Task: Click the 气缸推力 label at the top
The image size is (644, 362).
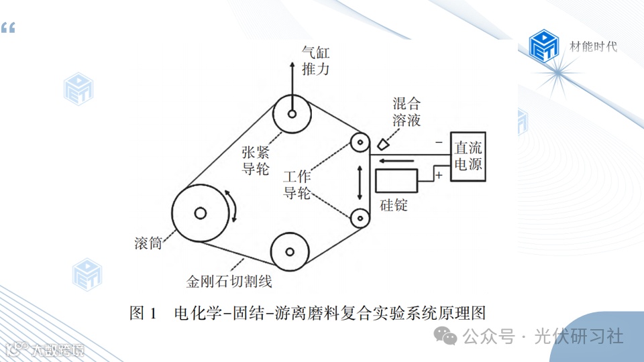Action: click(316, 61)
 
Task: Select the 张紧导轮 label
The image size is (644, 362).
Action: click(256, 159)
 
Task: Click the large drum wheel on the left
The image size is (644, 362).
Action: click(199, 213)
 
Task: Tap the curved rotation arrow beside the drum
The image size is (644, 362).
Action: click(235, 206)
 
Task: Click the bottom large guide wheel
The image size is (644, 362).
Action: click(290, 252)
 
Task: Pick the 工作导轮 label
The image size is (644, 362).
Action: click(297, 186)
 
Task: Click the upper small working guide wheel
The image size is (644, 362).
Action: click(360, 143)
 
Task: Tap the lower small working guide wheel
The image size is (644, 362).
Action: click(360, 217)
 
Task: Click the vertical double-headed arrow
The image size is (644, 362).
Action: click(360, 180)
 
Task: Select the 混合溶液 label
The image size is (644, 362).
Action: click(407, 112)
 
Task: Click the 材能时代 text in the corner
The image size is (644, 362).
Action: click(593, 46)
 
